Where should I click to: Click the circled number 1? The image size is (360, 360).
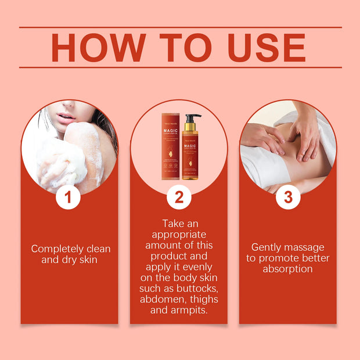(x=69, y=197)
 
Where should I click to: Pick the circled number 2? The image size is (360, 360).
(x=179, y=197)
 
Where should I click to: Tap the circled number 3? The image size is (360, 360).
(x=288, y=197)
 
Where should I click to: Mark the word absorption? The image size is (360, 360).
(x=287, y=269)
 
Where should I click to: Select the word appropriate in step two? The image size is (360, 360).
(x=179, y=235)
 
